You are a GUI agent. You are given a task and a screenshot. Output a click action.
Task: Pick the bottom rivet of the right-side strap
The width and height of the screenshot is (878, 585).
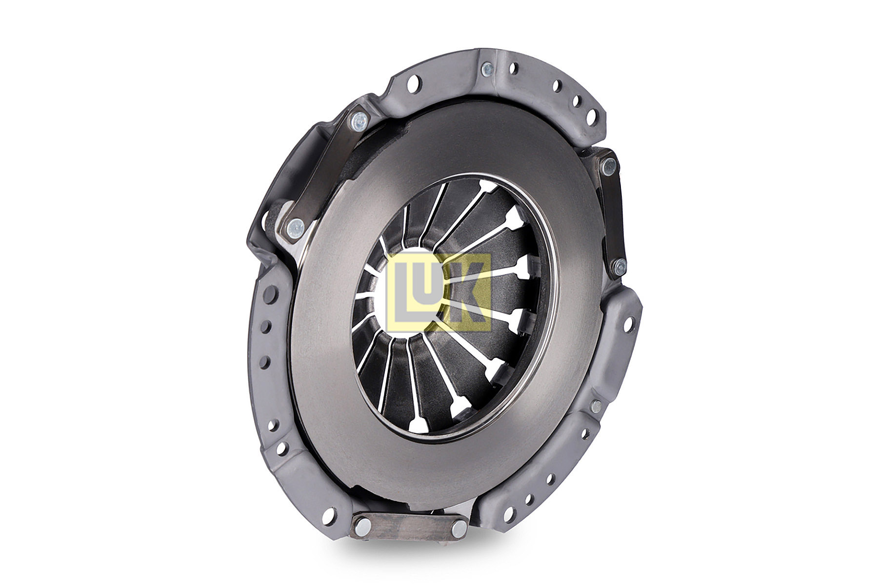click(619, 266)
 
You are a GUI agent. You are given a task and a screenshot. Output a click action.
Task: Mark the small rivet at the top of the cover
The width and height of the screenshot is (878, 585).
click(486, 69)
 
